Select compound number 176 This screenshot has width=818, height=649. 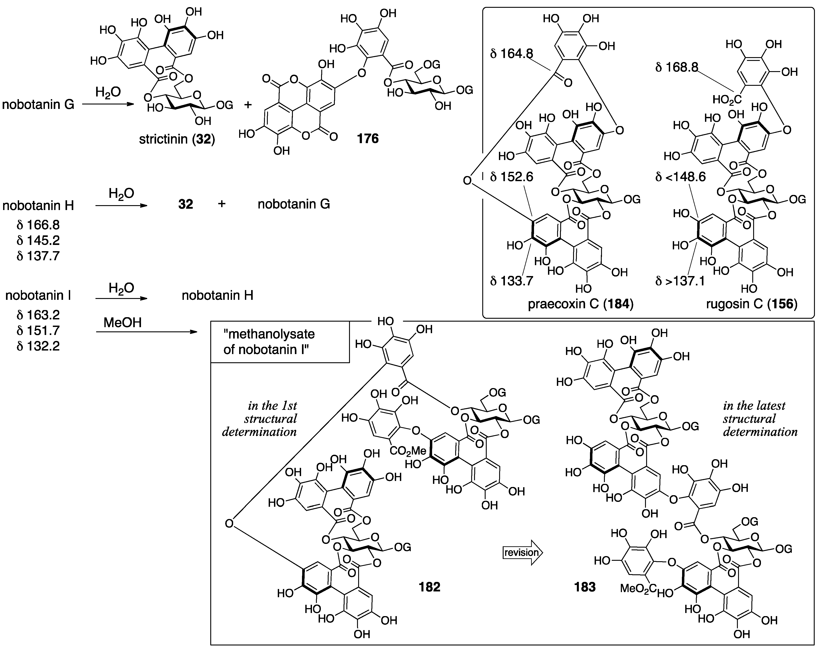(x=368, y=139)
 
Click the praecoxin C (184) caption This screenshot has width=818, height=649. (x=580, y=304)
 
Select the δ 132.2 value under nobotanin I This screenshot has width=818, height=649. (x=38, y=346)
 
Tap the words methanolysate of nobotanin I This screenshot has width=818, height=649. (x=269, y=341)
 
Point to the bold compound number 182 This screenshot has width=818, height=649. (x=429, y=587)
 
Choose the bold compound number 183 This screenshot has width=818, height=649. (x=585, y=587)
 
